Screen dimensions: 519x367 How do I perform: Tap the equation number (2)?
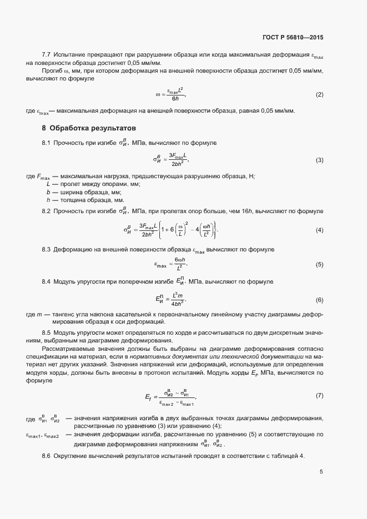point(319,94)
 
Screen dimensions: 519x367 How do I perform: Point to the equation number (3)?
point(319,160)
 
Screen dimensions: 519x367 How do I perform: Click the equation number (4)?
point(319,230)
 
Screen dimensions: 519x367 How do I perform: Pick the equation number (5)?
point(319,264)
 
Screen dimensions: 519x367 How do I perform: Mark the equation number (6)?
point(319,300)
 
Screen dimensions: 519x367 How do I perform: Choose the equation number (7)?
point(319,395)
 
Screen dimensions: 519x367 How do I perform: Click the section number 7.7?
point(47,56)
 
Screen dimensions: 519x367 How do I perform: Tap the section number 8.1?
point(47,144)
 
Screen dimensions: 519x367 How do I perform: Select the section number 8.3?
point(47,250)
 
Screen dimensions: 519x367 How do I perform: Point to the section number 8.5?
point(47,332)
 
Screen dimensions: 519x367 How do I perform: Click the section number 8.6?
point(47,456)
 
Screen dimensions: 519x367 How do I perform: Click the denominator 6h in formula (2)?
point(175,99)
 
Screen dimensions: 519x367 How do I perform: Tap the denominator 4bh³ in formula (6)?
point(178,304)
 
